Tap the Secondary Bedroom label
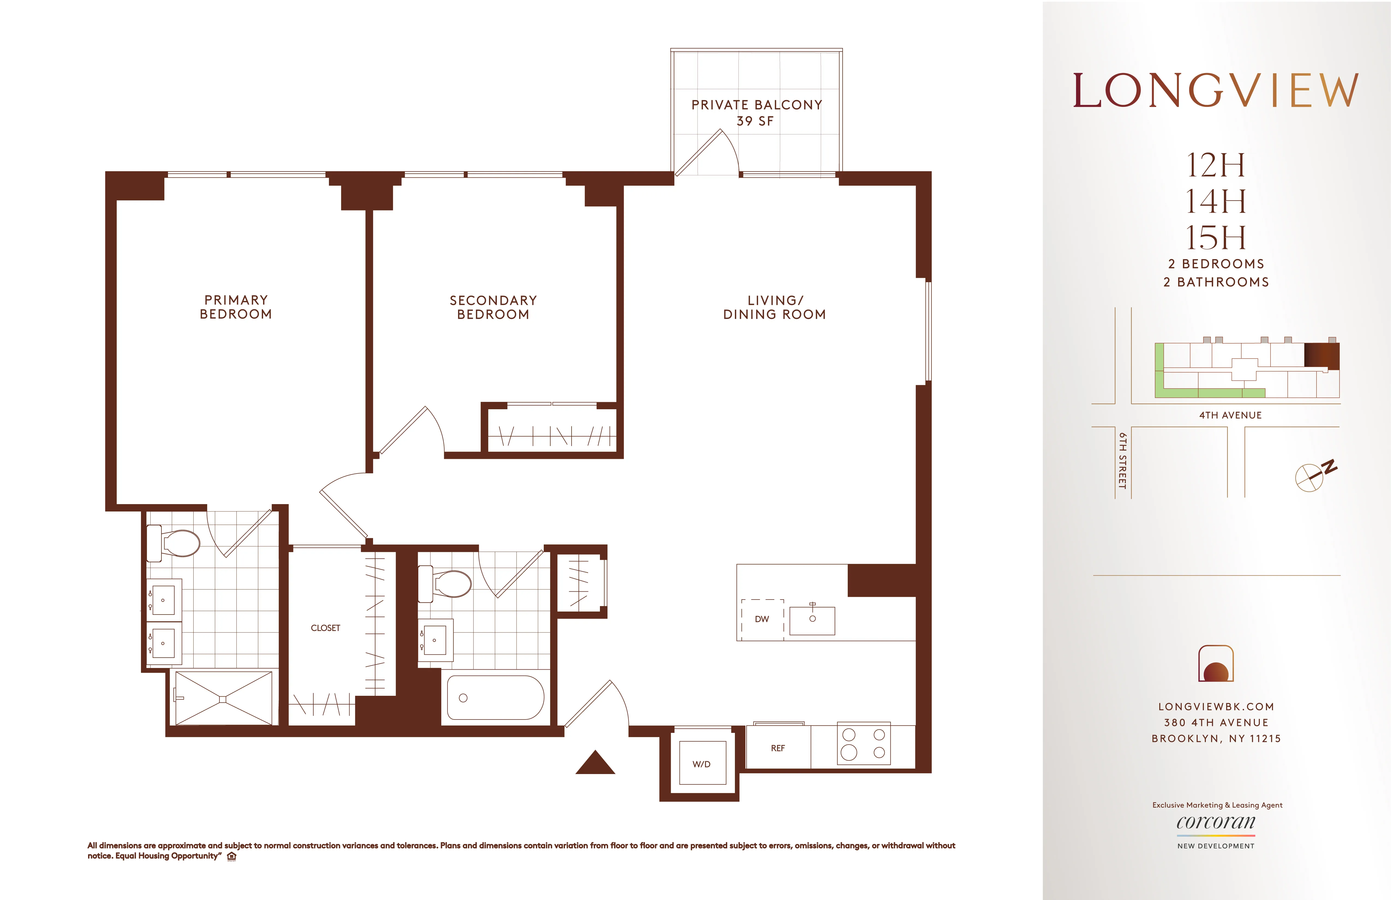point(493,307)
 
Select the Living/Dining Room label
point(774,307)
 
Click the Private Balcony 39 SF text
point(756,113)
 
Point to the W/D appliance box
point(702,763)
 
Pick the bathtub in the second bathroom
point(495,698)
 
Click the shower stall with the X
point(223,698)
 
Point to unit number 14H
point(1216,201)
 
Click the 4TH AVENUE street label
point(1230,415)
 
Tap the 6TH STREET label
point(1122,460)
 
